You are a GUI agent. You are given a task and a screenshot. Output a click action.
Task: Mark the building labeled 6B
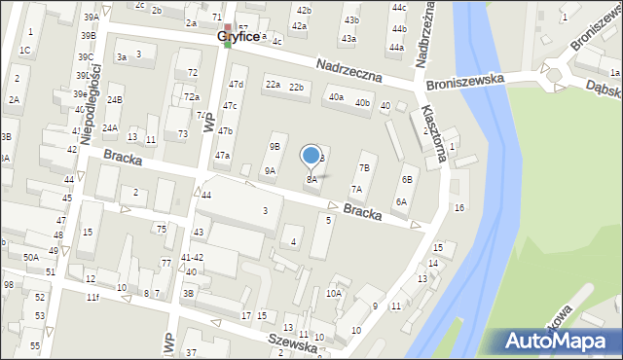pos(408,180)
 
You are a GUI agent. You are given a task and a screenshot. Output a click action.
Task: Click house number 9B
pos(275,146)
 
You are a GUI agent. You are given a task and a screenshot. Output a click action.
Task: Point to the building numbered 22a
pos(273,85)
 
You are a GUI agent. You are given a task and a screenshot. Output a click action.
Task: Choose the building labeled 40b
pos(362,102)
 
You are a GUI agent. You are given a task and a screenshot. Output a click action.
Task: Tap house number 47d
pos(236,85)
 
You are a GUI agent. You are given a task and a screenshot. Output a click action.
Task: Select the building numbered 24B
pos(115,100)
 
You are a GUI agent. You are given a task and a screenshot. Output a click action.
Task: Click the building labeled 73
pos(182,133)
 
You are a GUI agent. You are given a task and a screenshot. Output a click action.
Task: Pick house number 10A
pos(334,293)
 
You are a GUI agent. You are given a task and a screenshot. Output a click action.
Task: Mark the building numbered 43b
pos(351,19)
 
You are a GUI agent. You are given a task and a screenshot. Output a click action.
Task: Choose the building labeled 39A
pos(91,18)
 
